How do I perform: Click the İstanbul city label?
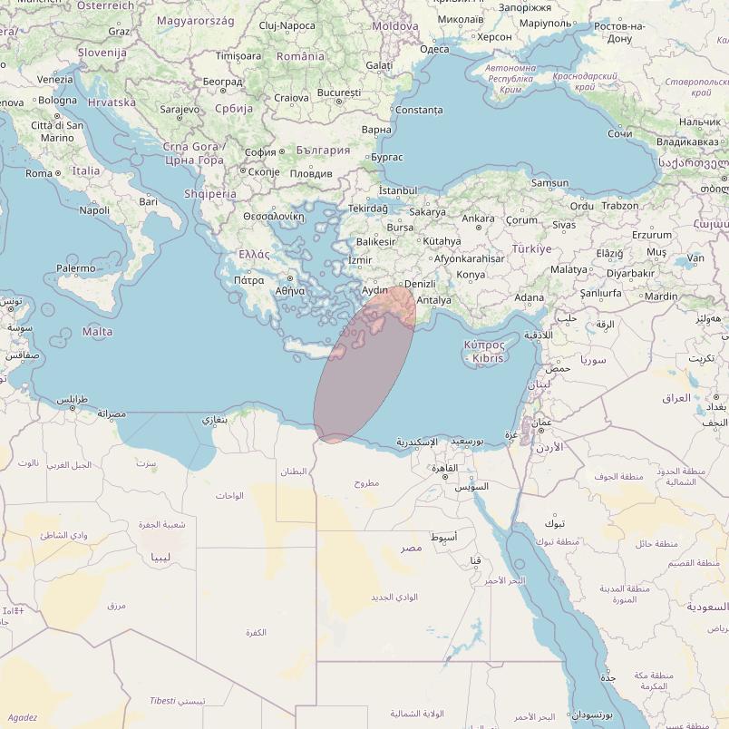pos(397,190)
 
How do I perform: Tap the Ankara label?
pos(478,219)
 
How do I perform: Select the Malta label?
pos(98,332)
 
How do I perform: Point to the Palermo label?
pos(75,268)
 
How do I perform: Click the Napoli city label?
pos(94,210)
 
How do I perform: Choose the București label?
pos(340,93)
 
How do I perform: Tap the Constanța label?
pos(420,111)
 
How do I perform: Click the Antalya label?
pos(433,300)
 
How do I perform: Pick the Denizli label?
pos(420,284)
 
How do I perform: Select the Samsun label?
pos(549,183)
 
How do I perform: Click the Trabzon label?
pos(620,206)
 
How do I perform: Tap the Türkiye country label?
pos(531,248)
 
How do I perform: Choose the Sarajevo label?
pos(180,109)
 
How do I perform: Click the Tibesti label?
pos(163,701)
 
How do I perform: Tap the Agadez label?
pos(22,717)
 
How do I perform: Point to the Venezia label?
pos(55,80)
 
